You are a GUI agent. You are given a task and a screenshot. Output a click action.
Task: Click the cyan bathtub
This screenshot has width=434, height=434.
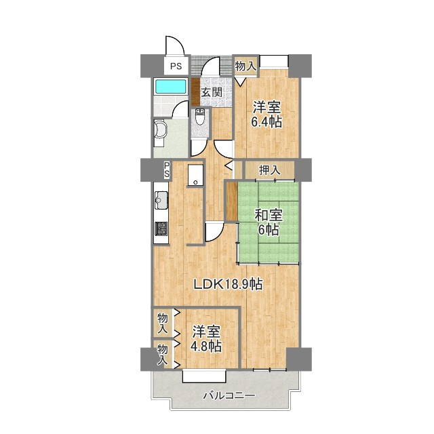click(x=171, y=87)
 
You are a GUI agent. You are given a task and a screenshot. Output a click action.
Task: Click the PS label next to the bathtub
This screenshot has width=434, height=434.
click(x=176, y=66)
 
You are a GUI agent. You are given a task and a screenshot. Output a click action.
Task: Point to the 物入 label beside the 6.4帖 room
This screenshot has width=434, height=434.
click(x=245, y=66)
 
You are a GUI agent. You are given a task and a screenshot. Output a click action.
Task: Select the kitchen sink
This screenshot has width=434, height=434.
click(x=162, y=201)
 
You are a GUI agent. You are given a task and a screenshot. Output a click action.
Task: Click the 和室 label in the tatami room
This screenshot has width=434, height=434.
click(x=268, y=215)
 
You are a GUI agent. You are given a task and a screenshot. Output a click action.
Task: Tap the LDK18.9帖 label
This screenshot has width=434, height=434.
click(x=228, y=285)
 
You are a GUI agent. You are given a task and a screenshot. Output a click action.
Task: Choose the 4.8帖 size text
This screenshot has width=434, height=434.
click(x=205, y=347)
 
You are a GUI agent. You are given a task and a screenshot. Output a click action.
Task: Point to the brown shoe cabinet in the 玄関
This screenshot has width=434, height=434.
click(x=195, y=92)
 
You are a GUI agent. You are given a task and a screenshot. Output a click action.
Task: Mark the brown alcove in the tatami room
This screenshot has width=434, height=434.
click(x=231, y=201)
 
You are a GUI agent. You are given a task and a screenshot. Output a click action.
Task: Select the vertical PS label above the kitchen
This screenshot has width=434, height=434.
click(x=166, y=170)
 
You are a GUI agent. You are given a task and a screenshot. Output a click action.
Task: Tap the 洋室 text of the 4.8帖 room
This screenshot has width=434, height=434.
click(x=205, y=332)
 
